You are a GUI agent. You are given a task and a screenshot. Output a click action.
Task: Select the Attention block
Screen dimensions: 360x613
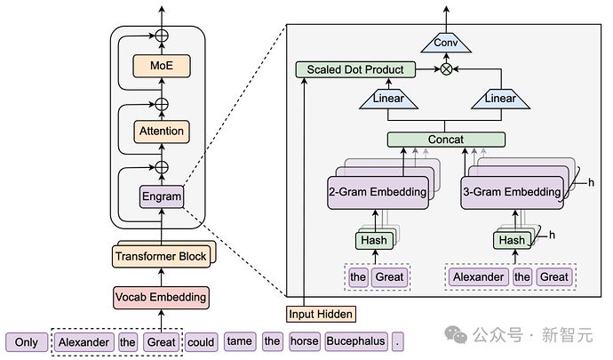coord(162,132)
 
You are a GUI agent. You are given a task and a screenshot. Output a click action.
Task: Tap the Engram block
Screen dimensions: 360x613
coord(162,196)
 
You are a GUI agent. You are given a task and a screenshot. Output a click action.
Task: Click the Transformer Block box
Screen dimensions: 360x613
coord(162,256)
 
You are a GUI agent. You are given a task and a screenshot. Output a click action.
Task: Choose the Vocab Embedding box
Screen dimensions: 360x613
coord(161,297)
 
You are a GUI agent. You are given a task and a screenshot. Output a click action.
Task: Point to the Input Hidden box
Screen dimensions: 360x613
coord(319,314)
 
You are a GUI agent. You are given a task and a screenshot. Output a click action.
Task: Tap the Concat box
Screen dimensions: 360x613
coord(446,140)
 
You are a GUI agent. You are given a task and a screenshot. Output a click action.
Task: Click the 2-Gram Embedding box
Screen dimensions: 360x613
coord(378,191)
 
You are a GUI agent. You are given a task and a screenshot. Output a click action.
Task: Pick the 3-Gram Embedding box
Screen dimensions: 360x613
coord(510,191)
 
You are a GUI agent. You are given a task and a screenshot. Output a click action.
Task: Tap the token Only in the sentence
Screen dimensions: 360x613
coord(27,341)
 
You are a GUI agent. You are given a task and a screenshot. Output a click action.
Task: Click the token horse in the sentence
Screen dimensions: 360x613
coord(304,341)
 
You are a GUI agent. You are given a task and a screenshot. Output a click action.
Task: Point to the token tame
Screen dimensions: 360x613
coord(239,341)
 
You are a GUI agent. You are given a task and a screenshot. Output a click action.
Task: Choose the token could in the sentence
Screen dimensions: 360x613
coord(202,341)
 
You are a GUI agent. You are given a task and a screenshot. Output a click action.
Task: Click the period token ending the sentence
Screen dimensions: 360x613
coord(398,341)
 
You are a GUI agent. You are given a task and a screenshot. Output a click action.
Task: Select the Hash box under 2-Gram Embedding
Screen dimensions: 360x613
coord(372,240)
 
